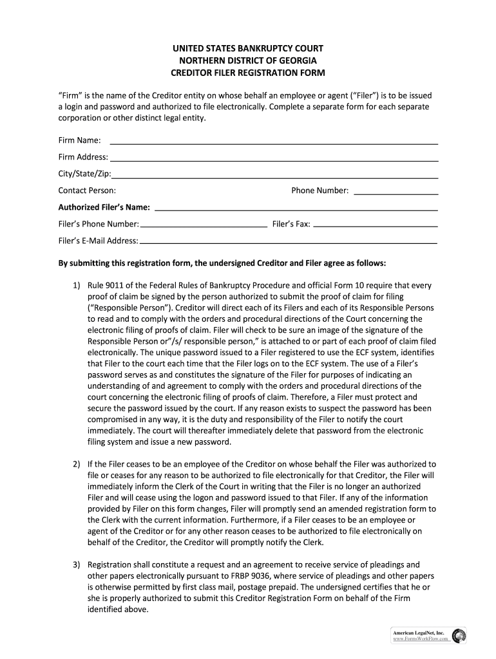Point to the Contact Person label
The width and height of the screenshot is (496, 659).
tap(87, 190)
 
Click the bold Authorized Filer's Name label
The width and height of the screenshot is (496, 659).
tap(104, 207)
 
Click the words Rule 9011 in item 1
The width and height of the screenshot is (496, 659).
tap(105, 285)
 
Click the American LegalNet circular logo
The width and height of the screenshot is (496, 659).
tap(459, 636)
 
